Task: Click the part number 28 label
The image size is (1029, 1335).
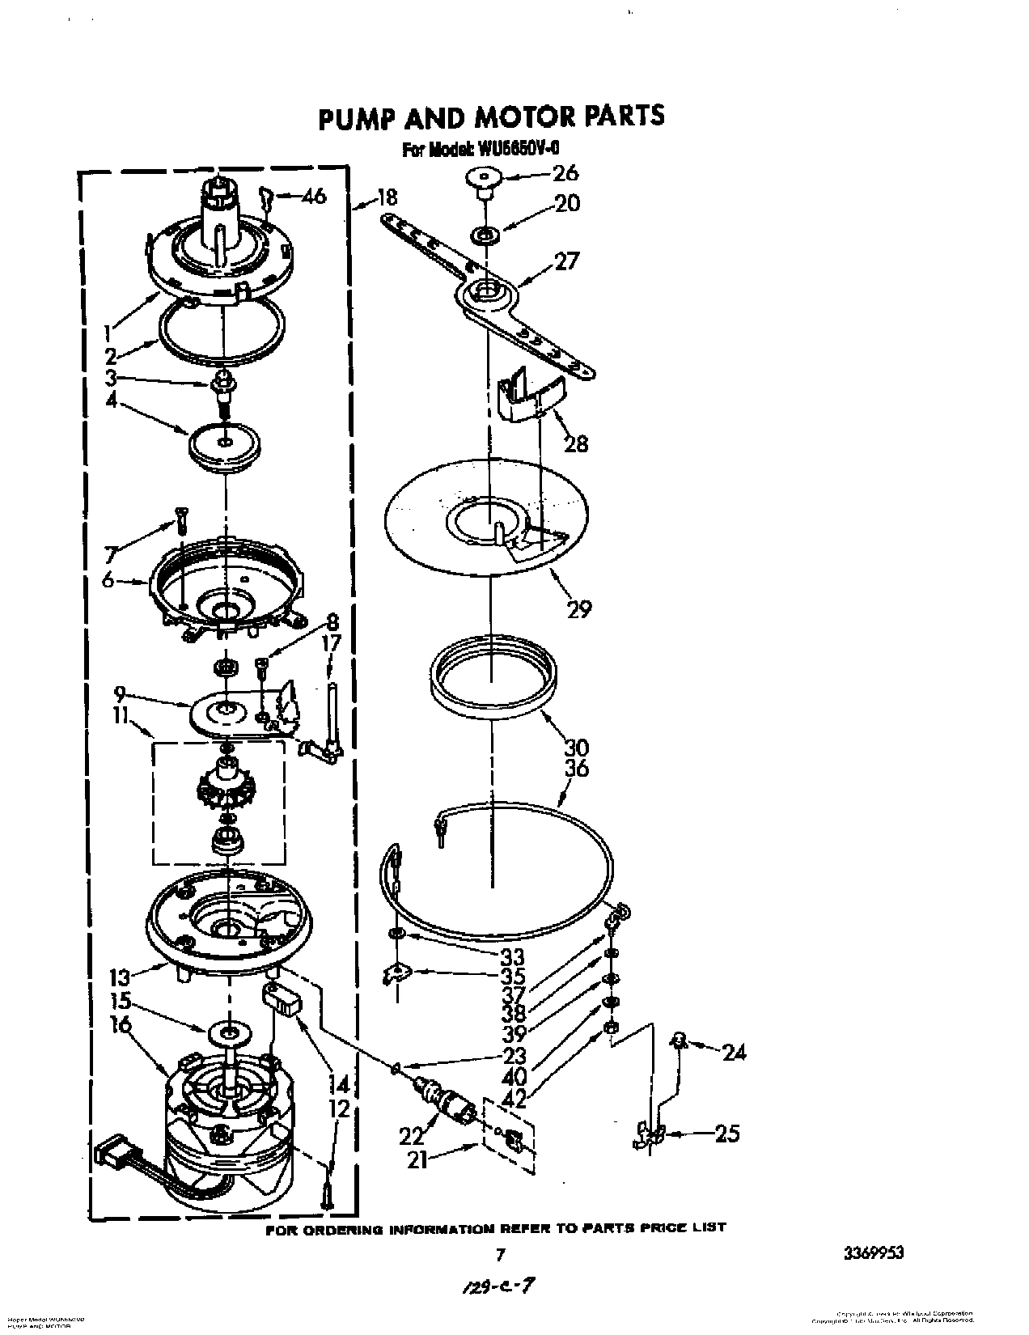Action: click(576, 443)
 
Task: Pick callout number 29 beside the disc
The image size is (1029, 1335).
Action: click(579, 608)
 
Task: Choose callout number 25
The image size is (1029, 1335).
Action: click(727, 1133)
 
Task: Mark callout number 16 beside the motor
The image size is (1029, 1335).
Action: click(121, 1024)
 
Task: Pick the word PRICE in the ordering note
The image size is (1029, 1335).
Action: click(667, 1227)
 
